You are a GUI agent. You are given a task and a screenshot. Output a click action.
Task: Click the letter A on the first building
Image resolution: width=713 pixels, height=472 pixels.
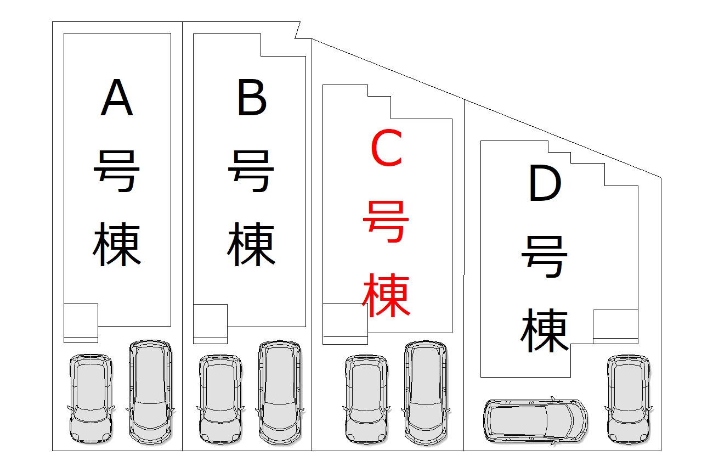(117, 97)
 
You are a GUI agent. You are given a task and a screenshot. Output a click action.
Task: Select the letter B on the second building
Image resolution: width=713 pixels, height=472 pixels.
(252, 97)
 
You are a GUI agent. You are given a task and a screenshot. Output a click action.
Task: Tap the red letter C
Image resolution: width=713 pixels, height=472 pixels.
(387, 148)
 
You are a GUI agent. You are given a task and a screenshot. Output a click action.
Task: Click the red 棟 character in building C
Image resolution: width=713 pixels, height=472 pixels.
(386, 295)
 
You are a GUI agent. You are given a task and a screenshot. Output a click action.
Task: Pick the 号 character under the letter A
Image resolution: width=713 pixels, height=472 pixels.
(116, 171)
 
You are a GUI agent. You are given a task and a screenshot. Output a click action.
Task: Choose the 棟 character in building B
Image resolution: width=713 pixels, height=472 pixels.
(251, 244)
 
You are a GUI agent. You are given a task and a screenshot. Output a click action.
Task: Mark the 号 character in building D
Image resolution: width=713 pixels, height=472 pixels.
(544, 257)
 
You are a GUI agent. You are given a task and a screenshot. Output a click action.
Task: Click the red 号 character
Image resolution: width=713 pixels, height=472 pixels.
(386, 221)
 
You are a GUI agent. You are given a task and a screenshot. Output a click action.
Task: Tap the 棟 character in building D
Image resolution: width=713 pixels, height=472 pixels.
(545, 330)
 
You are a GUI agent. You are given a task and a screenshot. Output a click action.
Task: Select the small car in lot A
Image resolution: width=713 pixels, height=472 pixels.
(91, 398)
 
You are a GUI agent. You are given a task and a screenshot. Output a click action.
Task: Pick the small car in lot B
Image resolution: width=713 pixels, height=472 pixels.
(220, 400)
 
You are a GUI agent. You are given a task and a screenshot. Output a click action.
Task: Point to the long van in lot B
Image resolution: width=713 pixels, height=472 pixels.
(280, 394)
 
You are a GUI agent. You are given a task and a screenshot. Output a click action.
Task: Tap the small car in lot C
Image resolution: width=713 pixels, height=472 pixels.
(366, 400)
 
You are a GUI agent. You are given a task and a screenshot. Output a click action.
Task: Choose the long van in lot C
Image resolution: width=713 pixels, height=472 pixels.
(426, 394)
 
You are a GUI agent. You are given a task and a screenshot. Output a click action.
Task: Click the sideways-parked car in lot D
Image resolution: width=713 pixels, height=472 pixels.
(536, 421)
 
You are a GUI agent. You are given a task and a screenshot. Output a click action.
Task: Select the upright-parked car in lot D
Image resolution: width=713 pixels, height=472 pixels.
(629, 400)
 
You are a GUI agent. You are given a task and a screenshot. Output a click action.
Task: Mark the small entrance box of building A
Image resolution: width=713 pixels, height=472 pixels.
(81, 323)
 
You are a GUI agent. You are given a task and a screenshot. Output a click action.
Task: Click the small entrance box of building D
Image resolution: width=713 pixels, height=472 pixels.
(615, 327)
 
